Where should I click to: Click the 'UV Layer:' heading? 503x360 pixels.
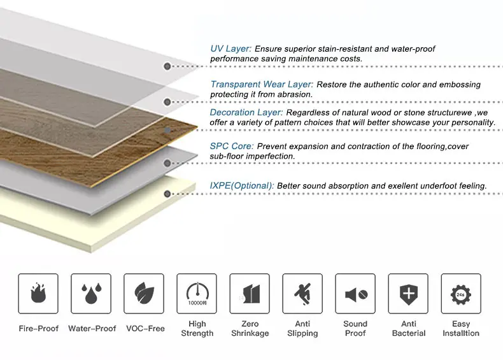tap(231, 49)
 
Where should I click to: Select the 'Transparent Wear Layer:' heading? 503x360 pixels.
tap(262, 85)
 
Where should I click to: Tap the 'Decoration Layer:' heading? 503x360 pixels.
tap(246, 113)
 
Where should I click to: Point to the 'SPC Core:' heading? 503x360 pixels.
tap(232, 147)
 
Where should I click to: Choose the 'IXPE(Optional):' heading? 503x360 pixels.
tap(243, 185)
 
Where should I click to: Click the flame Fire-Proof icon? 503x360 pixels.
tap(38, 294)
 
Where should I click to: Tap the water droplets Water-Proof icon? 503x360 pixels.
tap(91, 294)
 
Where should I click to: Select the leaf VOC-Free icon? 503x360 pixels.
tap(144, 294)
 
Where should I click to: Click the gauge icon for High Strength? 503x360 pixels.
tap(197, 294)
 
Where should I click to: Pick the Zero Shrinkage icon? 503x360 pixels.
tap(250, 294)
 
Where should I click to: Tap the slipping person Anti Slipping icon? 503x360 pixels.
tap(302, 294)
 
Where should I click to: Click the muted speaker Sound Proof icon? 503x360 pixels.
tap(355, 294)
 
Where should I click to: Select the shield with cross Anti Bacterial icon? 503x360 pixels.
tap(408, 294)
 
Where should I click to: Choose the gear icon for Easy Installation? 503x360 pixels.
tap(461, 294)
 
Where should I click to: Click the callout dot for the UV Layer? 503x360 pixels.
tap(167, 66)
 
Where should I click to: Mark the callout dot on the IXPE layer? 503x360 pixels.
tap(167, 194)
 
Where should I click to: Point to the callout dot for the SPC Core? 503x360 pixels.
tap(167, 163)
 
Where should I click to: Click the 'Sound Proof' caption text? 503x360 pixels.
tap(355, 329)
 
